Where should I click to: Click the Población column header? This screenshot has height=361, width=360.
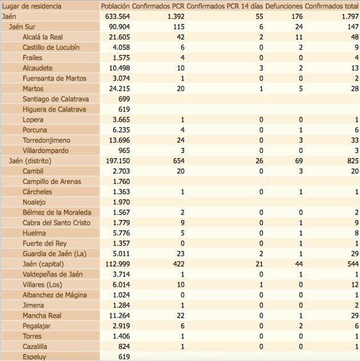coord(115,6)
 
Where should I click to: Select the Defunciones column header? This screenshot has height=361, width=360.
coord(283,6)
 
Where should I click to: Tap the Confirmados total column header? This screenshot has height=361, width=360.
coord(332,6)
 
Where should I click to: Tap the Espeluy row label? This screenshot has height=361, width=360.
coord(34,356)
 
